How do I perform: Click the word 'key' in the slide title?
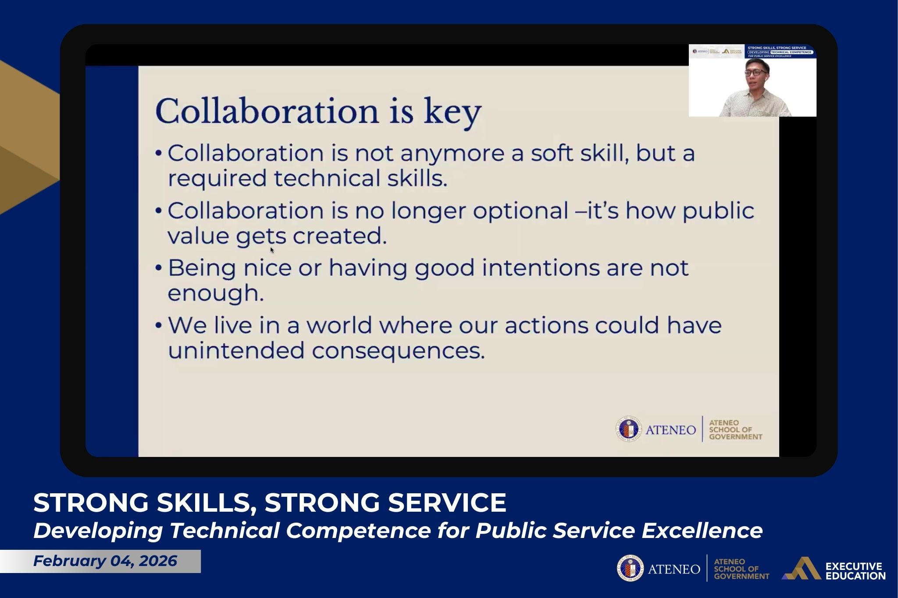tap(452, 112)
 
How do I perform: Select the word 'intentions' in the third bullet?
tap(540, 268)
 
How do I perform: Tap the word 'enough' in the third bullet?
tap(215, 294)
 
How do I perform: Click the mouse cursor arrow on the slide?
tap(272, 250)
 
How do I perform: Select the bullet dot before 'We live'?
tap(159, 326)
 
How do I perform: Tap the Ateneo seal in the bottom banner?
tap(630, 569)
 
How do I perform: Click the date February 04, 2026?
tap(105, 561)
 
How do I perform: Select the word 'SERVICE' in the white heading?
tap(447, 502)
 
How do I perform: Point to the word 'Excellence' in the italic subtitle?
tap(702, 531)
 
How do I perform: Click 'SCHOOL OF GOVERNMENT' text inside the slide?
tap(735, 430)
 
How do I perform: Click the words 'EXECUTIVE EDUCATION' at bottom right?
tap(855, 571)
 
